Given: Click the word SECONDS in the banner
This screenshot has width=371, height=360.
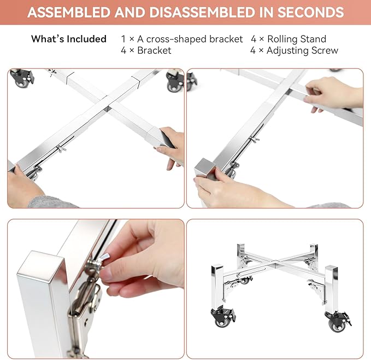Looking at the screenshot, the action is click(310, 13).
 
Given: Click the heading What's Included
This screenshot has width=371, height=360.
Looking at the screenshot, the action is click(69, 39).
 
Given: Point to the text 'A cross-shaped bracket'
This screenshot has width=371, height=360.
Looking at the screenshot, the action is click(190, 39).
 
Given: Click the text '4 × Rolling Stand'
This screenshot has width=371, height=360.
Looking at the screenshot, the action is click(288, 39).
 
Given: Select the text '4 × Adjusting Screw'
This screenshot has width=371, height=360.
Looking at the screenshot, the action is click(295, 50).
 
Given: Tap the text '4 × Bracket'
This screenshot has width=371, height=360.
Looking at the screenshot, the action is click(146, 50).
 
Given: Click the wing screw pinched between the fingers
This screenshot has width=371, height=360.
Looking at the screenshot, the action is click(102, 258).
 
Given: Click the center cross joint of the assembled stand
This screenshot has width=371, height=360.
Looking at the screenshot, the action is click(276, 263).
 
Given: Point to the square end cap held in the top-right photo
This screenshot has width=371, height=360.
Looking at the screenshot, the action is click(205, 169).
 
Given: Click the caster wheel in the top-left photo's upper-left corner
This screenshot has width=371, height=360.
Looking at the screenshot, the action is click(22, 78).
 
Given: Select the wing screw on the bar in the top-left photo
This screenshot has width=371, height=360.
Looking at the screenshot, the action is click(61, 149).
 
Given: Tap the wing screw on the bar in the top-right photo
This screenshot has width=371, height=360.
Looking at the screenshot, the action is click(255, 140).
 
